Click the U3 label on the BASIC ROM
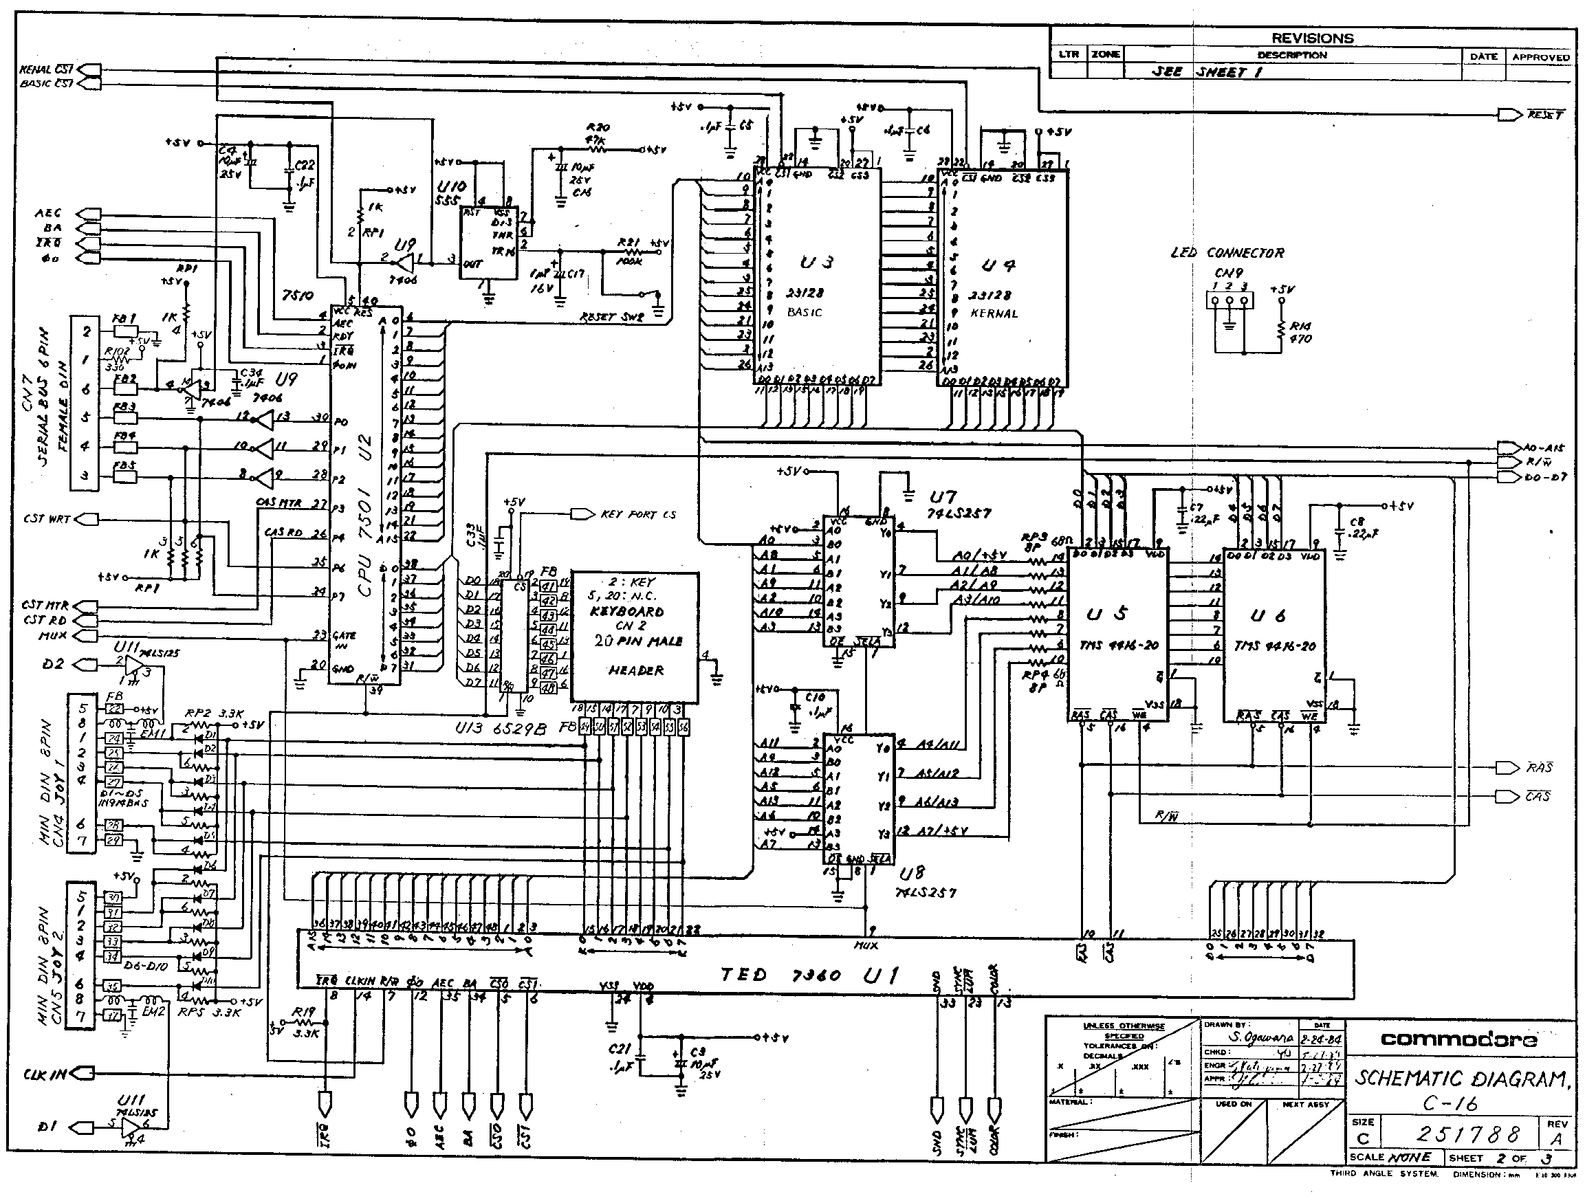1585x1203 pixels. (x=816, y=263)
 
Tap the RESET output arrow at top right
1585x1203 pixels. (x=1507, y=115)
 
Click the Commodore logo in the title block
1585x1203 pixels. (x=1459, y=1039)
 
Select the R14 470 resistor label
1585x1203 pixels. (x=1300, y=333)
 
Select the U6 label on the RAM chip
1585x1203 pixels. (x=1267, y=615)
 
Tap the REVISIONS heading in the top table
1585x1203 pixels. (x=1312, y=38)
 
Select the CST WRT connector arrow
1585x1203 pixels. (x=87, y=518)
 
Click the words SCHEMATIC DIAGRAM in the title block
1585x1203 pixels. (x=1461, y=1079)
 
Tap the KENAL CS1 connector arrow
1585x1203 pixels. (x=87, y=69)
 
